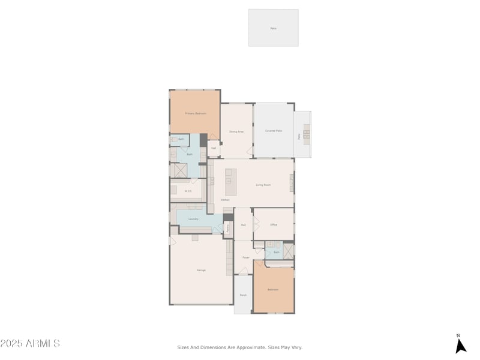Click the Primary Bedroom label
(x=196, y=113)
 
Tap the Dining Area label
(x=236, y=131)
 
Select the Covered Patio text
(x=274, y=131)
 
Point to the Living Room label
(x=263, y=185)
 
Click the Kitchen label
(x=225, y=200)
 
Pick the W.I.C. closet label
(x=188, y=191)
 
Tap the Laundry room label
(x=193, y=219)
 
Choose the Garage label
(x=201, y=270)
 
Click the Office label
(x=274, y=224)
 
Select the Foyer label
(x=246, y=257)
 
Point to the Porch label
(x=243, y=295)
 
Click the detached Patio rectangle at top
(x=274, y=28)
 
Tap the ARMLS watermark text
(x=30, y=344)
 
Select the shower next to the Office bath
(x=289, y=251)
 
